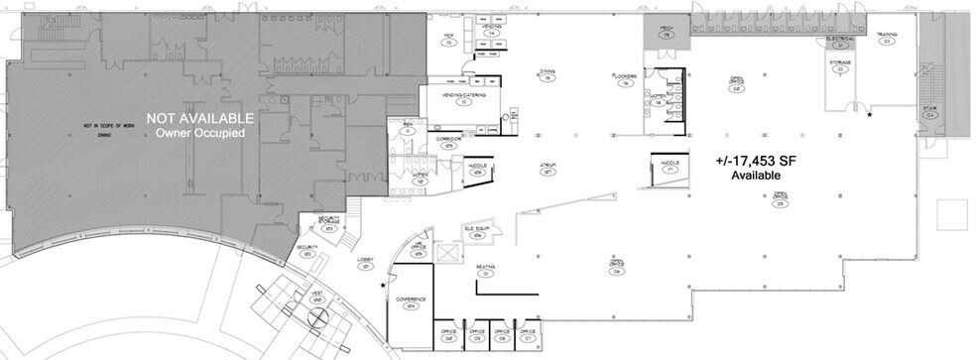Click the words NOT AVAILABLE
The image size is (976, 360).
(200, 118)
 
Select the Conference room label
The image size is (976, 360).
(411, 300)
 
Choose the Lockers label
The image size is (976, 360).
(624, 77)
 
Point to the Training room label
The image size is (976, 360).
(887, 36)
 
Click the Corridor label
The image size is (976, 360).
(448, 142)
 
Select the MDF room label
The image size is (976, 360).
(448, 39)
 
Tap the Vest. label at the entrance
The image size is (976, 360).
(317, 296)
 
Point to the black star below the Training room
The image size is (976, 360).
(870, 116)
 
